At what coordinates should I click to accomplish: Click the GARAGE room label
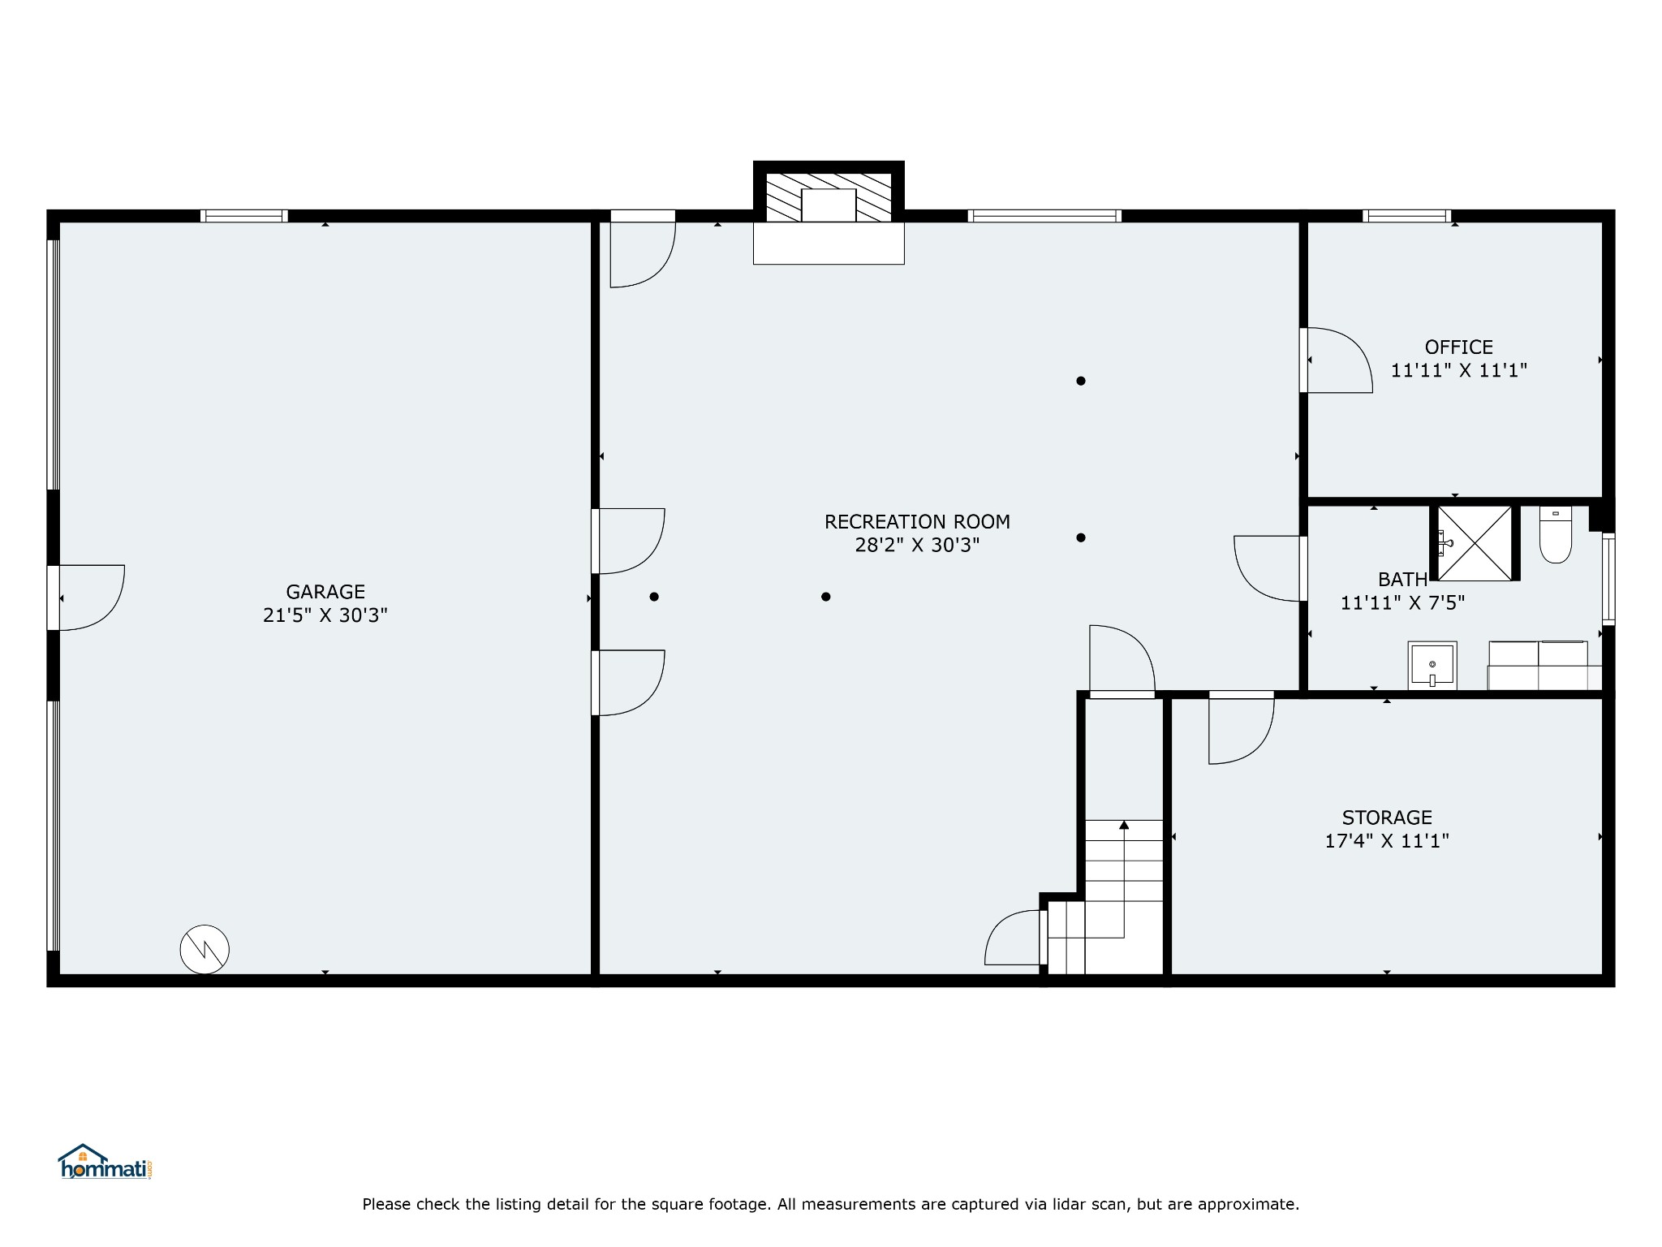tap(325, 592)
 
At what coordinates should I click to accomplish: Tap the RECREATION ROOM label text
tap(917, 522)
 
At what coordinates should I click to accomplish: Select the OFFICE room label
tap(1459, 347)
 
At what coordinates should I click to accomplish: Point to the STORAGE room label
tap(1387, 818)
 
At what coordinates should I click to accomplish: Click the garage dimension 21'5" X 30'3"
tap(325, 615)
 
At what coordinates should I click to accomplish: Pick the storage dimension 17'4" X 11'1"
tap(1387, 841)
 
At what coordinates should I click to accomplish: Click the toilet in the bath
tap(1556, 534)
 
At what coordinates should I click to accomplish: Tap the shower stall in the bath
tap(1475, 543)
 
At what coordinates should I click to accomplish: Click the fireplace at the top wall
tap(829, 213)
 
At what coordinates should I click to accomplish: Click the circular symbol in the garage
tap(205, 949)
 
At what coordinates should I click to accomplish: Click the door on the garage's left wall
tap(86, 598)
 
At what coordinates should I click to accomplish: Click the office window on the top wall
tap(1406, 216)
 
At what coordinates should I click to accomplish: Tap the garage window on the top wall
tap(244, 216)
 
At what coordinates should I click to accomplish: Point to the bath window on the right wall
tap(1608, 579)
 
